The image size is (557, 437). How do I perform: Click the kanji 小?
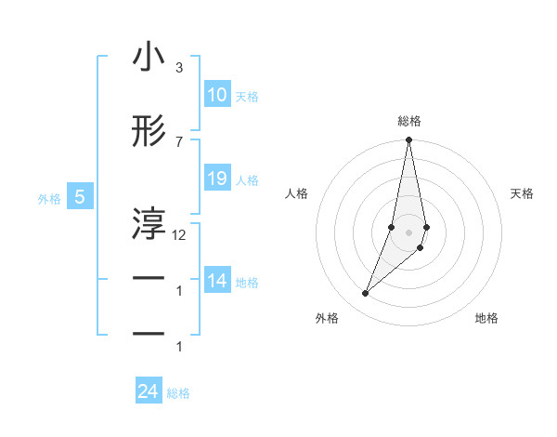pos(149,58)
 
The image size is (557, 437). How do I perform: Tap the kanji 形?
pos(149,132)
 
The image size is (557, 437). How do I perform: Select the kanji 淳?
pos(149,223)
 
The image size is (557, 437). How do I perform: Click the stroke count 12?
pos(179,235)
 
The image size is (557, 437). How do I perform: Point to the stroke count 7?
pos(178,141)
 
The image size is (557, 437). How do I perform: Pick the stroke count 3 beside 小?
pos(178,68)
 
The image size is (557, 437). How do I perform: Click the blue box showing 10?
pos(217,95)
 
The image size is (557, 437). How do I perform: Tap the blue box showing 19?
pos(217,179)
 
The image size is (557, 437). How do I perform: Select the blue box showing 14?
pos(217,281)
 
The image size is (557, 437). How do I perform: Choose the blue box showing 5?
pos(80,197)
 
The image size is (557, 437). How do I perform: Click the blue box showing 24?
pos(148,392)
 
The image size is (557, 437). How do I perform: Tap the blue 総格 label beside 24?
pos(178,393)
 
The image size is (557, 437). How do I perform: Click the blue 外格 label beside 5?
pos(49,198)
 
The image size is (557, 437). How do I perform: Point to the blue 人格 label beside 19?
pos(247,179)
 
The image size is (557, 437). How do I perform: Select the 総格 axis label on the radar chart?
pos(409,121)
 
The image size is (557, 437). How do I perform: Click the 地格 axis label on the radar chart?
pos(486,318)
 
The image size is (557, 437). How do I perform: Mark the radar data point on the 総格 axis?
pos(408,140)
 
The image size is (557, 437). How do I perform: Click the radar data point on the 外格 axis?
pos(366,293)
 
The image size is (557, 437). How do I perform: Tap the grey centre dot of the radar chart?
pos(408,232)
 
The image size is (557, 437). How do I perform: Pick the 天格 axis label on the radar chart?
pos(522,193)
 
